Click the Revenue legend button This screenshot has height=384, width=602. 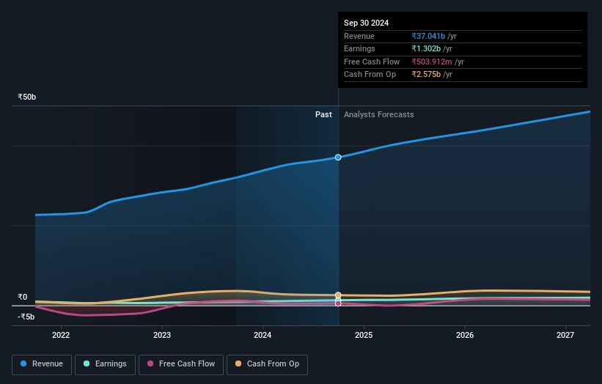pyautogui.click(x=43, y=364)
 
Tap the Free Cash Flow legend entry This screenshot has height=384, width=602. pyautogui.click(x=181, y=364)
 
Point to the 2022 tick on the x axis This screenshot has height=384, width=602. pyautogui.click(x=61, y=336)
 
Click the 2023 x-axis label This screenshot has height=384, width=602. pyautogui.click(x=162, y=336)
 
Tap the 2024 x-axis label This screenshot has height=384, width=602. pyautogui.click(x=263, y=336)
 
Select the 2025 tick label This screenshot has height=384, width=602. pyautogui.click(x=364, y=336)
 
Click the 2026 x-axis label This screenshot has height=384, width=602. pyautogui.click(x=465, y=336)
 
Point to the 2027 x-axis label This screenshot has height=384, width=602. pyautogui.click(x=565, y=336)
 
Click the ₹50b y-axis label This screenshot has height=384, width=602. pyautogui.click(x=27, y=97)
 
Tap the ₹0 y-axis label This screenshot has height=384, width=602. pyautogui.click(x=22, y=298)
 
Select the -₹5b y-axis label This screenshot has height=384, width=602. pyautogui.click(x=26, y=317)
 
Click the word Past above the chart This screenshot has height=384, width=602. pyautogui.click(x=323, y=114)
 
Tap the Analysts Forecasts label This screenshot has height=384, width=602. pyautogui.click(x=378, y=114)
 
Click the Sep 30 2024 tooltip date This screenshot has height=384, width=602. pyautogui.click(x=367, y=23)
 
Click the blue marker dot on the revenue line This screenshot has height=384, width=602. pyautogui.click(x=338, y=158)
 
